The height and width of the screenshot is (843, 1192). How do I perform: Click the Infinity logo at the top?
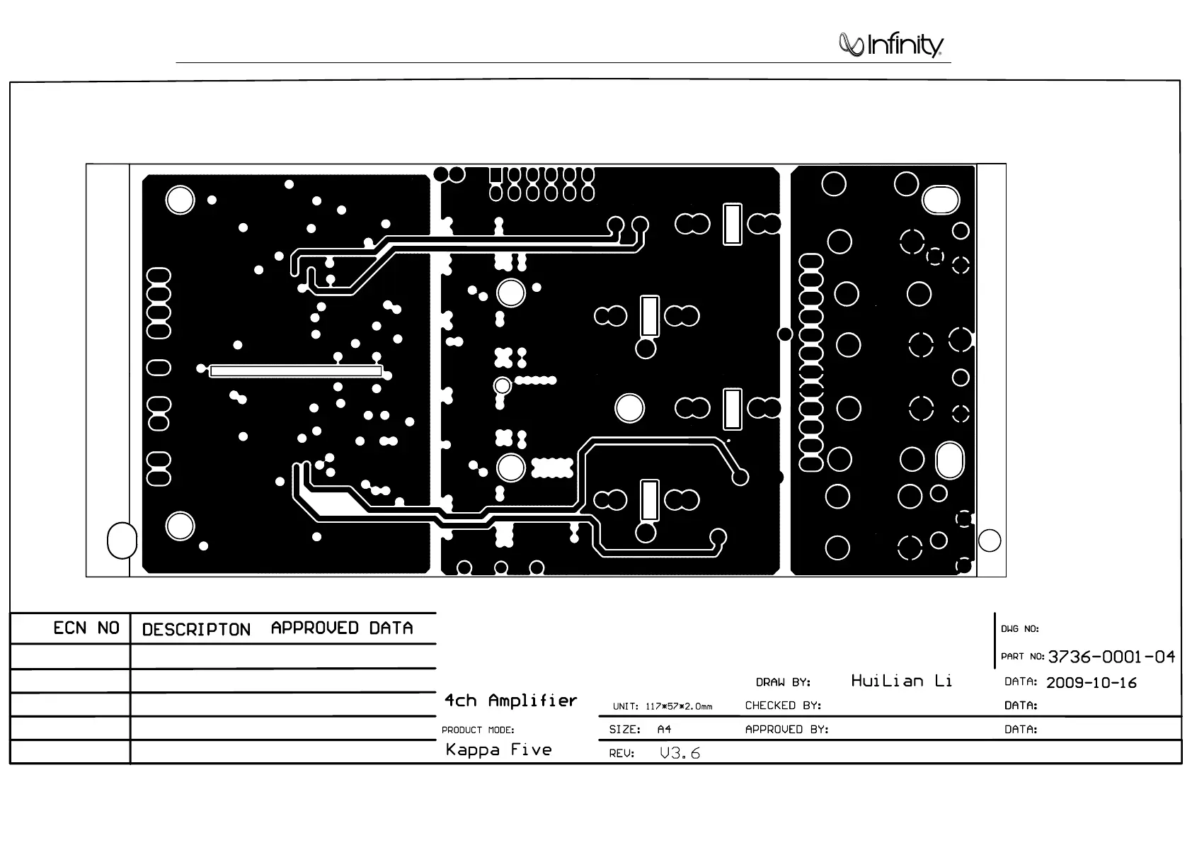click(891, 45)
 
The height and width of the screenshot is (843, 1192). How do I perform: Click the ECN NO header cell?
click(86, 628)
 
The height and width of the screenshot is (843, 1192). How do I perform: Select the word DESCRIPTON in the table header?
click(196, 630)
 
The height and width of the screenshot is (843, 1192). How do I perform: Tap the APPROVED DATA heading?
click(342, 628)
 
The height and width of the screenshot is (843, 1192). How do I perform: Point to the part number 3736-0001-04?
click(1111, 657)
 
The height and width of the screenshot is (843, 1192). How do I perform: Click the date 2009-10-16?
click(1091, 683)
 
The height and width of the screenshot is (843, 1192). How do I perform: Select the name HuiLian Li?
click(901, 681)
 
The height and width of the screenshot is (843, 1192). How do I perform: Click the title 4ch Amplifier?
click(510, 701)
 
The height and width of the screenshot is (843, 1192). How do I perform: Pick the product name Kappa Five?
click(498, 749)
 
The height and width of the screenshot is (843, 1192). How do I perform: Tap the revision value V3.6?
click(680, 753)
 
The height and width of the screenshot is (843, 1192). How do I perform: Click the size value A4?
click(664, 729)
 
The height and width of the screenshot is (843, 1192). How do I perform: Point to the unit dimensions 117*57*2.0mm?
click(678, 706)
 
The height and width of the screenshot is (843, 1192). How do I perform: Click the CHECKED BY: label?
click(783, 706)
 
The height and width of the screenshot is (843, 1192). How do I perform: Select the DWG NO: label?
click(1019, 629)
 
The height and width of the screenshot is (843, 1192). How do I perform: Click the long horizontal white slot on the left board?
click(296, 371)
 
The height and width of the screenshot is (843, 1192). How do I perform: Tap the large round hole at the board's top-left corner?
click(180, 200)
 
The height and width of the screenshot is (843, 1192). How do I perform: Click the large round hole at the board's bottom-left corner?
click(180, 526)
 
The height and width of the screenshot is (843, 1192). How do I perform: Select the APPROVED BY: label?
click(786, 729)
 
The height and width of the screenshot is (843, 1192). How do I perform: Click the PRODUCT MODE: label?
click(478, 730)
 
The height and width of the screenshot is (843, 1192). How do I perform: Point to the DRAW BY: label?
click(783, 683)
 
